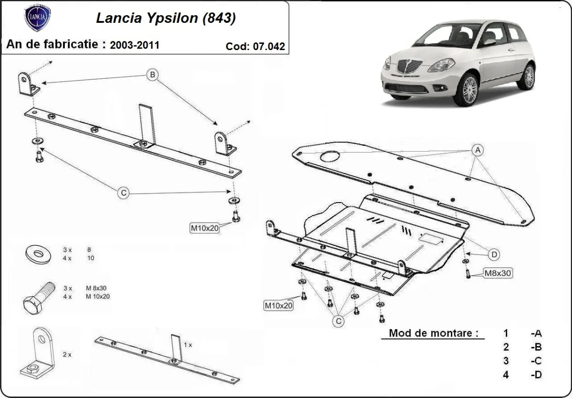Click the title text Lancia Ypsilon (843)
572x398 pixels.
pyautogui.click(x=165, y=18)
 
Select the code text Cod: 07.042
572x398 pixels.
pyautogui.click(x=255, y=46)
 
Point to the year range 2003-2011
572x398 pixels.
pyautogui.click(x=134, y=45)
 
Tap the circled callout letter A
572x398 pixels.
pyautogui.click(x=477, y=150)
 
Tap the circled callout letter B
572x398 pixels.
pyautogui.click(x=152, y=75)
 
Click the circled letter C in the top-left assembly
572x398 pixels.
pyautogui.click(x=123, y=193)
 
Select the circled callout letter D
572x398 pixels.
pyautogui.click(x=494, y=255)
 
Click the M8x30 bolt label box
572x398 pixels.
pyautogui.click(x=498, y=274)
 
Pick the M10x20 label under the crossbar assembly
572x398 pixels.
pyautogui.click(x=204, y=228)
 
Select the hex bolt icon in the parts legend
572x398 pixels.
pyautogui.click(x=38, y=297)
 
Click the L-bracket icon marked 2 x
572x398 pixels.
pyautogui.click(x=38, y=353)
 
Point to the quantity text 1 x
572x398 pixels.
pyautogui.click(x=188, y=344)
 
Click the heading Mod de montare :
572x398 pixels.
pyautogui.click(x=433, y=333)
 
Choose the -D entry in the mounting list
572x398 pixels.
pyautogui.click(x=536, y=375)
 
